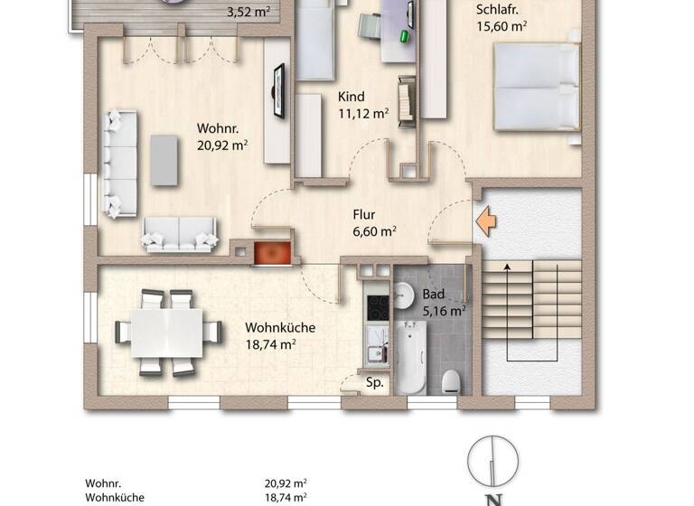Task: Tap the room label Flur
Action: (364, 215)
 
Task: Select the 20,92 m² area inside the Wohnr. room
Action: (222, 144)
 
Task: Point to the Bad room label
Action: (434, 295)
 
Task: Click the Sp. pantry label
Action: (375, 383)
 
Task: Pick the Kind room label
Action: (352, 97)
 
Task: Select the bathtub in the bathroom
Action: (408, 358)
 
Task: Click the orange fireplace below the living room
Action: (269, 254)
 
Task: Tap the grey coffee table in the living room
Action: (164, 160)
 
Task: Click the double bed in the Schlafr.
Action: (536, 87)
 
